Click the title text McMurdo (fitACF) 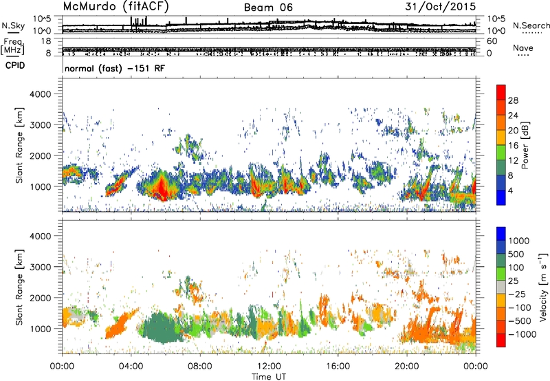(x=116, y=6)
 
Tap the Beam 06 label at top (x=268, y=8)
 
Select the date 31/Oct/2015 (x=441, y=7)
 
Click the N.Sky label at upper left (x=13, y=25)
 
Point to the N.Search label (x=531, y=25)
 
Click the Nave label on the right (x=523, y=47)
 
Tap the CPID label (x=15, y=65)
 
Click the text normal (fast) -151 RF (x=115, y=68)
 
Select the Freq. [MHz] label (x=12, y=45)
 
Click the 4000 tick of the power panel (x=41, y=94)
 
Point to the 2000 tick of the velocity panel (x=41, y=298)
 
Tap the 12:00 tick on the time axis (x=269, y=367)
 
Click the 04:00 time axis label (x=131, y=367)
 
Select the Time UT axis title (x=269, y=376)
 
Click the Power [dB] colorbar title (x=525, y=145)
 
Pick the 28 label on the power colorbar (x=513, y=100)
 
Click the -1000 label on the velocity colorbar (x=522, y=334)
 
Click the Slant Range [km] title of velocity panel (x=19, y=287)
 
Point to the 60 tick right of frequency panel (x=492, y=41)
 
